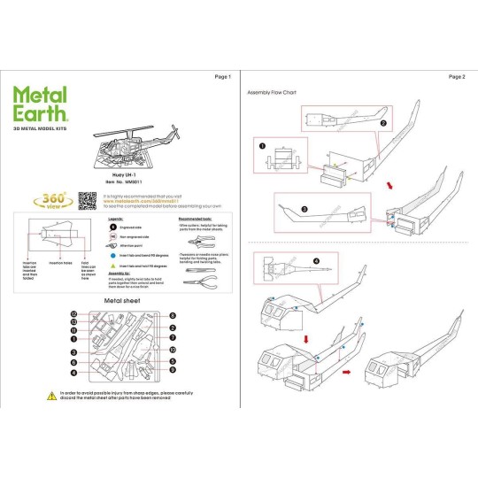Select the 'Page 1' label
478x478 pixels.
(x=222, y=77)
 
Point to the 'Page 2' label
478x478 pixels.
(x=457, y=77)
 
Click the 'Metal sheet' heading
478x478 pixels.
(x=121, y=301)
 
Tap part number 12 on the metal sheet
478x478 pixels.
(x=75, y=314)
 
